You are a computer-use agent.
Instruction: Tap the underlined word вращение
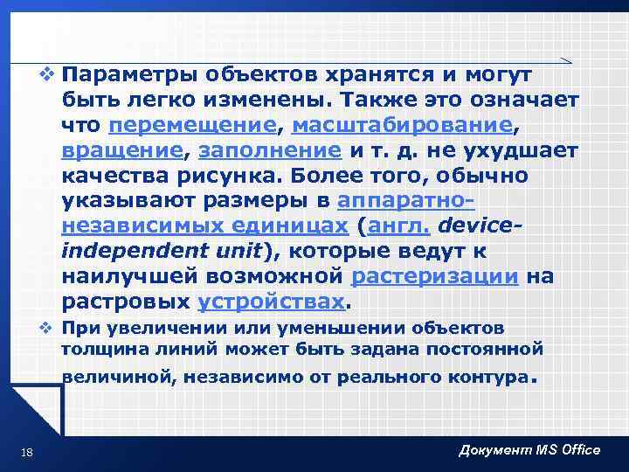tap(123, 151)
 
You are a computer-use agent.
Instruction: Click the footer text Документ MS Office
tap(529, 449)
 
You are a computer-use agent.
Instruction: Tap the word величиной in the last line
tap(104, 378)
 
